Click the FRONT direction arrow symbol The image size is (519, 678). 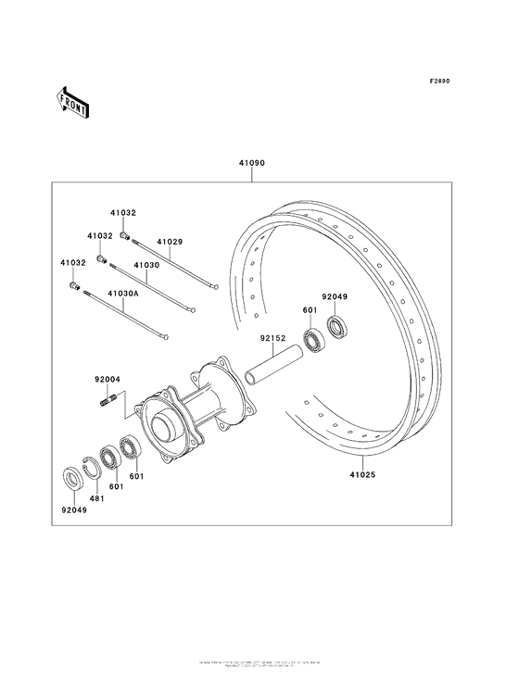(x=73, y=101)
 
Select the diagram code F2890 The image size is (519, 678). (x=439, y=82)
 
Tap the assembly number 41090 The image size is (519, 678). (x=252, y=163)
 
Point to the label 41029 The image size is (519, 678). (x=170, y=242)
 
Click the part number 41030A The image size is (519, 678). (x=123, y=294)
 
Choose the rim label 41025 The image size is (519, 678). (x=363, y=474)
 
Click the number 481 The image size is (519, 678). (x=96, y=498)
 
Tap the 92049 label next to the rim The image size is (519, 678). (x=335, y=297)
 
